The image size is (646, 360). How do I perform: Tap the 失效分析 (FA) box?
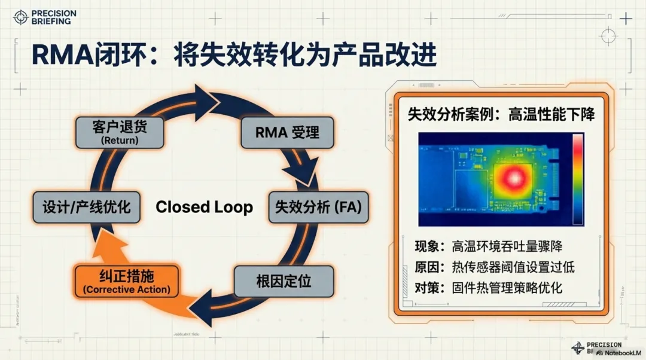coord(318,207)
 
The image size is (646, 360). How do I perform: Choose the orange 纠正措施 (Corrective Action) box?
coord(126,280)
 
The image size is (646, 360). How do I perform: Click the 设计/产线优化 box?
coord(82,207)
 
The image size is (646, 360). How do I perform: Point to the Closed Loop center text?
coord(204,208)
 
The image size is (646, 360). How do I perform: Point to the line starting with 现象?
coord(489,246)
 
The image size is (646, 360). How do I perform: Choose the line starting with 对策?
coord(489,287)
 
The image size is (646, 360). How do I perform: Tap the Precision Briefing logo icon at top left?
coord(20,17)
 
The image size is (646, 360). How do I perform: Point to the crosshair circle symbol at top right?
coord(608,37)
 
